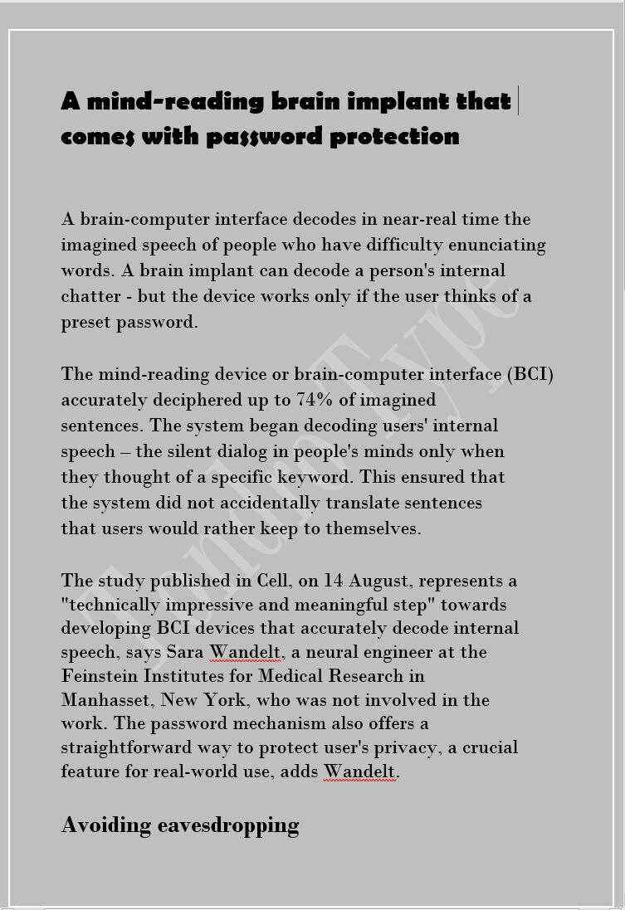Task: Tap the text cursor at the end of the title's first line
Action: (x=518, y=101)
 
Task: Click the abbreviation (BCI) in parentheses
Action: (x=530, y=374)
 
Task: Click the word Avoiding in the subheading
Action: (x=106, y=825)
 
